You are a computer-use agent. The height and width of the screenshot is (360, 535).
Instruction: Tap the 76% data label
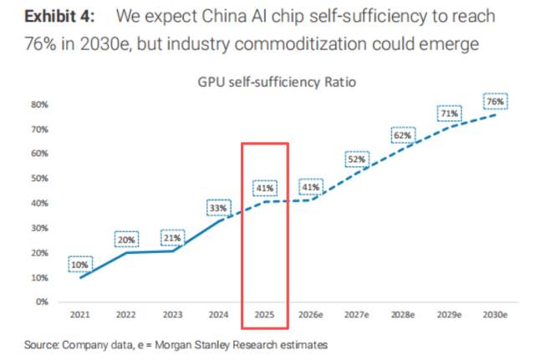tap(495, 101)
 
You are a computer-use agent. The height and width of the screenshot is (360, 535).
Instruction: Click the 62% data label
tap(403, 135)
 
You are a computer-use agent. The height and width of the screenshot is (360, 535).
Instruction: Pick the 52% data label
tap(357, 160)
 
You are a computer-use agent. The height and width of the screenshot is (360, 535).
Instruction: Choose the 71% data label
tap(449, 114)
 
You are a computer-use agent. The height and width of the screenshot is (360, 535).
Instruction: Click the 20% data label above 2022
tap(127, 240)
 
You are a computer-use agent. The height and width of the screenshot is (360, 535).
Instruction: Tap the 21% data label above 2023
tap(173, 237)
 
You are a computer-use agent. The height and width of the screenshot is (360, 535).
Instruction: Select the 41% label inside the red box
tap(264, 188)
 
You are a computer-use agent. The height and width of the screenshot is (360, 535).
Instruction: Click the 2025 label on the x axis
tap(265, 317)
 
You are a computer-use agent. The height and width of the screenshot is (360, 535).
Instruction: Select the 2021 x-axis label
tap(81, 317)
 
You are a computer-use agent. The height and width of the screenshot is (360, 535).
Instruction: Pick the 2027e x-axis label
tap(357, 317)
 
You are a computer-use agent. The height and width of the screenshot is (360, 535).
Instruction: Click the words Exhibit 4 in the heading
tap(59, 16)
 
